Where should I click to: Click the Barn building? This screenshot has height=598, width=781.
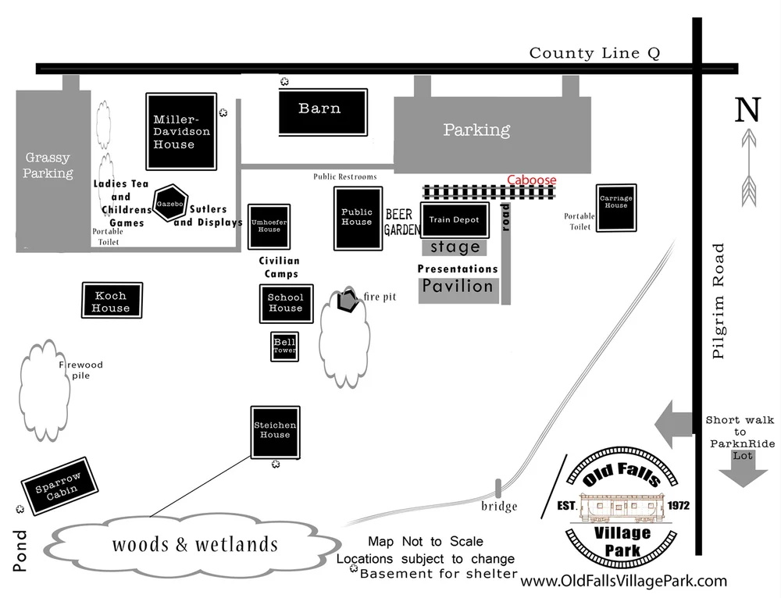click(x=323, y=112)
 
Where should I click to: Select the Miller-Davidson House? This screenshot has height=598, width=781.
click(x=181, y=131)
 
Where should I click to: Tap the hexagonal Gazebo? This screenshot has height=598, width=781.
click(x=170, y=203)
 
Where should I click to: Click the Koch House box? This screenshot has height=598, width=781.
click(x=112, y=301)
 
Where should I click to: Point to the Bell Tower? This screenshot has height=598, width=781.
click(x=285, y=346)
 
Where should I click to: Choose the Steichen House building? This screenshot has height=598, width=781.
click(x=276, y=432)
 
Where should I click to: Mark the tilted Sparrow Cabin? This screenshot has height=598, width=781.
click(x=60, y=486)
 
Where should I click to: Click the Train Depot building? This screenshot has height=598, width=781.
click(x=455, y=219)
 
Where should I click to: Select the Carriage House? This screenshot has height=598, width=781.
click(x=616, y=208)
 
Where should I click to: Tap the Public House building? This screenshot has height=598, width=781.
click(x=358, y=218)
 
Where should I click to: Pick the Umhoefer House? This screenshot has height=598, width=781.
click(x=269, y=226)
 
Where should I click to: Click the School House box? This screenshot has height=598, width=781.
click(x=287, y=304)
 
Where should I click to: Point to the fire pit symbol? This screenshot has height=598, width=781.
click(x=348, y=300)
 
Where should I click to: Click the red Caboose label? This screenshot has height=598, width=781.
click(x=531, y=180)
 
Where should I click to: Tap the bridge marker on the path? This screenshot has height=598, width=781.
click(x=498, y=489)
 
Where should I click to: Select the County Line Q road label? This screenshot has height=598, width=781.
click(x=594, y=53)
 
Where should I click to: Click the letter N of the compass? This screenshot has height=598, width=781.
click(x=747, y=109)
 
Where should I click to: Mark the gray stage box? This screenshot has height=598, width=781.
click(x=455, y=247)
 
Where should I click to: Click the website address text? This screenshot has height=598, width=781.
click(x=623, y=581)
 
